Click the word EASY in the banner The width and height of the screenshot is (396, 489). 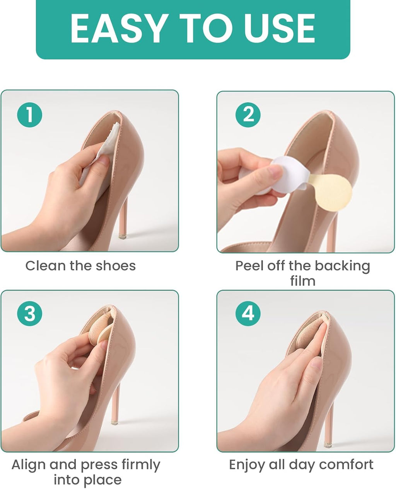[x=118, y=28]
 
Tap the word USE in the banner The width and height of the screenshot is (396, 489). [x=280, y=28]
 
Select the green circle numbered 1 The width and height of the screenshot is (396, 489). [x=30, y=115]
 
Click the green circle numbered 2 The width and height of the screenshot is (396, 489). [x=248, y=115]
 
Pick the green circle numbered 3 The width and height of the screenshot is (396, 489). [x=30, y=314]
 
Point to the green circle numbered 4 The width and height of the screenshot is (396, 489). [x=248, y=314]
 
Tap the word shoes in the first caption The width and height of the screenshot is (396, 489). [x=116, y=266]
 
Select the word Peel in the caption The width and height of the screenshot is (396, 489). [x=249, y=266]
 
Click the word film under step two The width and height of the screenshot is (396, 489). [x=302, y=281]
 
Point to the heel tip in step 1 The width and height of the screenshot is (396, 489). [x=122, y=236]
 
